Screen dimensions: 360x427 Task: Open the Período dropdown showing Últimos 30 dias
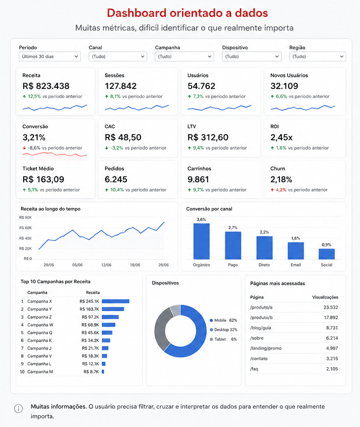tap(50, 57)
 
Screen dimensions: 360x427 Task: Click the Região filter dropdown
tap(318, 57)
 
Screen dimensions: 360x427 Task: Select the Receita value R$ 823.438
tap(46, 86)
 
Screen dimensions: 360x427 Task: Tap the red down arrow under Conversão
tap(24, 148)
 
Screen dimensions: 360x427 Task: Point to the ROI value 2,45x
tap(281, 138)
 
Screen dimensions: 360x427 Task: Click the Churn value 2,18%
tap(281, 180)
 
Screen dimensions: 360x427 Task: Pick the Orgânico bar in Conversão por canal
tap(201, 242)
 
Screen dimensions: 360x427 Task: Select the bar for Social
tap(327, 254)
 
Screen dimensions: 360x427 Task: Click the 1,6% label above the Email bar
tap(295, 238)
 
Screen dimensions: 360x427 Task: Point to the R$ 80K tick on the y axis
tap(25, 217)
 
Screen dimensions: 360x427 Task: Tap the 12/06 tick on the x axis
tap(106, 265)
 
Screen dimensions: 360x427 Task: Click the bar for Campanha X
tap(115, 301)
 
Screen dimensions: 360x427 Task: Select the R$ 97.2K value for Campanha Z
tap(90, 317)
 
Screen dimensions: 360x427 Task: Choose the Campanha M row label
tap(40, 372)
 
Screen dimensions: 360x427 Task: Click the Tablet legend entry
tap(223, 339)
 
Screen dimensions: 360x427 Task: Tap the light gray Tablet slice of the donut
tap(176, 311)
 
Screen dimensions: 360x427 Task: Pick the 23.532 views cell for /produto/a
tap(331, 307)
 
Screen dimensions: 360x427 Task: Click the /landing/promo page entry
tap(266, 348)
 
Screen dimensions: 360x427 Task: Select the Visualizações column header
tap(325, 297)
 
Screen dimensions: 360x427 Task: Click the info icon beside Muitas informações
tap(18, 409)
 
